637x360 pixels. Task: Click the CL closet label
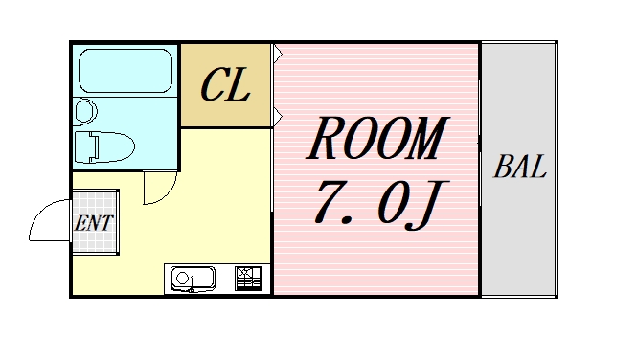coord(226,85)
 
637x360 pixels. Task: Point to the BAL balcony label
coord(520,169)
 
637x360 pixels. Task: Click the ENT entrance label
coord(95,223)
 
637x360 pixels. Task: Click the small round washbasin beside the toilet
coord(83,112)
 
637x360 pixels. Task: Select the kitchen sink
coord(193,279)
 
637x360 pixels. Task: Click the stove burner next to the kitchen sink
coord(248,279)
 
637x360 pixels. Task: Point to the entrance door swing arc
coord(48,222)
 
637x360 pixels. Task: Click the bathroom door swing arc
coord(158,189)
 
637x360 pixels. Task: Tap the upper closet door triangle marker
coord(277,51)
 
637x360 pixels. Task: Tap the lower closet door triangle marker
coord(277,118)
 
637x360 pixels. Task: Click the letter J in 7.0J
coord(425,204)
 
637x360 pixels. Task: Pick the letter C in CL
coord(213,85)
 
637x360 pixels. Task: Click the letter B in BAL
coord(503,169)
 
